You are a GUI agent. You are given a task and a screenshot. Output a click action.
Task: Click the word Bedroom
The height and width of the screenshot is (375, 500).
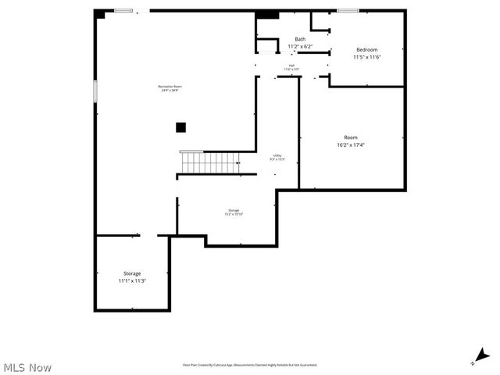pos(366,49)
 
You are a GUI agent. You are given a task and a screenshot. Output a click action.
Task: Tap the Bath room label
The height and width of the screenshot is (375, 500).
pos(300,39)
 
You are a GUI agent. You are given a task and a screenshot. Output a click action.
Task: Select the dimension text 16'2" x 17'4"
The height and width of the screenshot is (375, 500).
pos(351,145)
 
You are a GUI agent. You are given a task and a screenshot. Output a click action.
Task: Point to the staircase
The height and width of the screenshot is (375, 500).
pos(209,162)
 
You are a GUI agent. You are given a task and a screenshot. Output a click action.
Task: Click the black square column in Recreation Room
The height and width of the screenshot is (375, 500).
pos(180,127)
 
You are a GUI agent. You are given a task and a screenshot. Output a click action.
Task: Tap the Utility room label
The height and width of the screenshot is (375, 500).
pos(277,155)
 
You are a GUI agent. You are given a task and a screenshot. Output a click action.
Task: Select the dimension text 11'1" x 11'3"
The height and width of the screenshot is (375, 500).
pos(132,280)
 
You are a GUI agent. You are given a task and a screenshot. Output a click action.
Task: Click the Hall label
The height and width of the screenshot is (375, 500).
pos(291,66)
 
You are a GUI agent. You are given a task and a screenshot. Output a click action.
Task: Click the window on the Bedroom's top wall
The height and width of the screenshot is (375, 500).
pos(348,10)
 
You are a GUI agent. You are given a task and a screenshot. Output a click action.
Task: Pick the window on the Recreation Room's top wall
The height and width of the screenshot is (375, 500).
pos(123,10)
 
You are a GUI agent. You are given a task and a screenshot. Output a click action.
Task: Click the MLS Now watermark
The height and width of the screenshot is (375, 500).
pos(27,367)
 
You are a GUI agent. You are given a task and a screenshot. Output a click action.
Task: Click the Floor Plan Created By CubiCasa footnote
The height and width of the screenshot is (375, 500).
pos(250,364)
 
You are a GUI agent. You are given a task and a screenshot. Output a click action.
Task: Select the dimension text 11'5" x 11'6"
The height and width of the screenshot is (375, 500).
pos(366,57)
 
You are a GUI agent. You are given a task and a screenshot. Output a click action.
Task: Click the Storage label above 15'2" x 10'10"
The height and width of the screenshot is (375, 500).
pos(234,210)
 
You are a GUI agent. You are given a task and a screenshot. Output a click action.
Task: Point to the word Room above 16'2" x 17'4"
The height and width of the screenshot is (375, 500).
pos(351,137)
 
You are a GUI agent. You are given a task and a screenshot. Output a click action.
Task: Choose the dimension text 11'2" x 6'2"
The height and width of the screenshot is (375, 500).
pos(300,46)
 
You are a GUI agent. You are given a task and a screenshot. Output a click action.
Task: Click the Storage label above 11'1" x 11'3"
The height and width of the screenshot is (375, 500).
pos(132,273)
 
